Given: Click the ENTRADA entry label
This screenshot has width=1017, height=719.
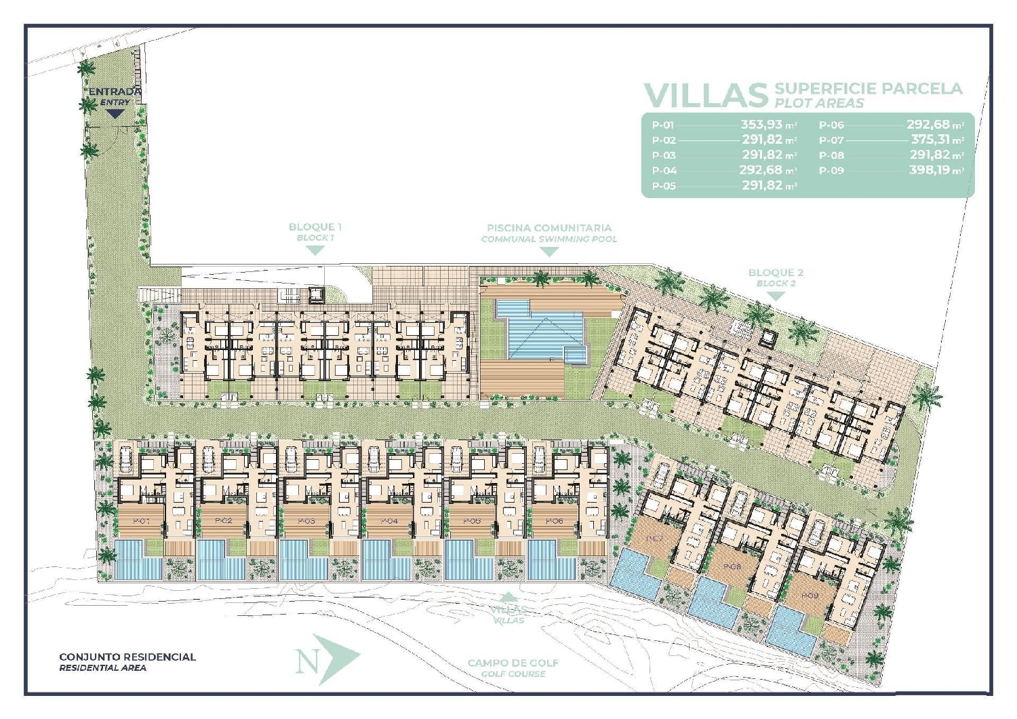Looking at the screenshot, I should click(115, 92).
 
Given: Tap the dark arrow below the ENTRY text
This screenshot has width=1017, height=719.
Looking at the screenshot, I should click(115, 114).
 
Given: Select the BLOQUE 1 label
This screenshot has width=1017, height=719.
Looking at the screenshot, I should click(315, 227).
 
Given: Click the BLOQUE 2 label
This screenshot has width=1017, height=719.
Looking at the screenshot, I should click(776, 273).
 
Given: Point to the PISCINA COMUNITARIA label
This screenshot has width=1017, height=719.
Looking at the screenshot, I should click(549, 229).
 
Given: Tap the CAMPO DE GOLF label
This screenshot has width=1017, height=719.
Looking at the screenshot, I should click(513, 663).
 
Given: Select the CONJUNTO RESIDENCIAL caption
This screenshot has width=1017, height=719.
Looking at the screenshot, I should click(127, 657).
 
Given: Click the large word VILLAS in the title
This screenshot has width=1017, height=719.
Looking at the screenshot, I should click(705, 96).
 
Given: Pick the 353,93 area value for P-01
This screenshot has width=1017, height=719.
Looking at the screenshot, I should click(761, 125).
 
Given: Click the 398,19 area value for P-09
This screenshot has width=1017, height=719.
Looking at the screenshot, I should click(930, 170).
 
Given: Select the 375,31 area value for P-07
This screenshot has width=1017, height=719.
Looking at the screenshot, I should click(930, 140).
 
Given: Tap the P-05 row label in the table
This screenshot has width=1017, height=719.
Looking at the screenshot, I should click(664, 186).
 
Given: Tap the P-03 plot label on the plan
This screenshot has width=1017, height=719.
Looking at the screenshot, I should click(306, 521).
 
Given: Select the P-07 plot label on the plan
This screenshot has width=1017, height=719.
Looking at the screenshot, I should click(654, 539).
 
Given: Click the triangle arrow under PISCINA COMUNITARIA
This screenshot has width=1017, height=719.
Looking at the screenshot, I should click(549, 252).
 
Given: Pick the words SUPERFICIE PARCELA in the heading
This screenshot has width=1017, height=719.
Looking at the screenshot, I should click(868, 88).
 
